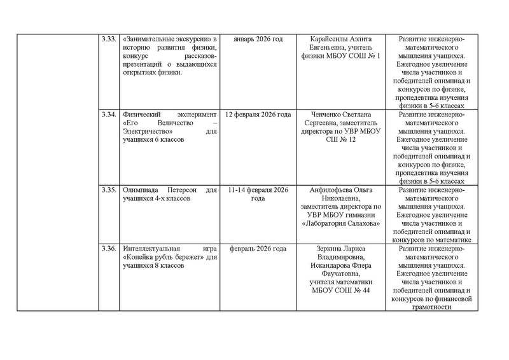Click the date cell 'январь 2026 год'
pos(260,39)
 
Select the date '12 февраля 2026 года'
pos(260,114)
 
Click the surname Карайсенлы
pos(334,39)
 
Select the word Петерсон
pos(177,190)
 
